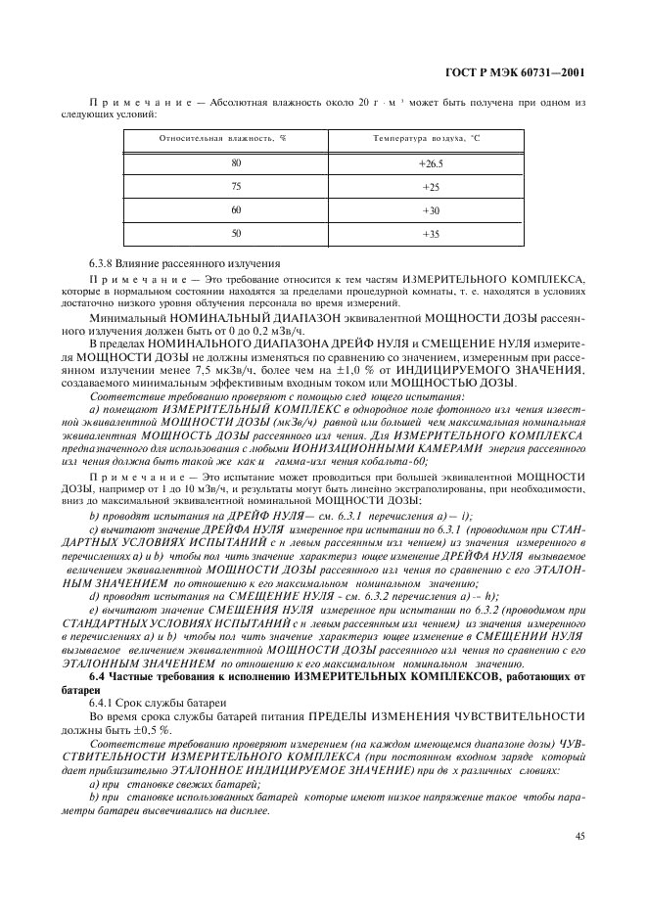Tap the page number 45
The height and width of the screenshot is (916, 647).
tap(580, 835)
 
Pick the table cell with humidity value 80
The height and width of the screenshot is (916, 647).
tap(236, 162)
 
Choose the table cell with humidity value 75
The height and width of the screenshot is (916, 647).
tap(236, 186)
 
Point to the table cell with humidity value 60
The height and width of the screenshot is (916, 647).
tap(236, 209)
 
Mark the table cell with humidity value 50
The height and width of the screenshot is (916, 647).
tap(236, 234)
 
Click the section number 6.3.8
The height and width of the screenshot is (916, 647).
tap(103, 263)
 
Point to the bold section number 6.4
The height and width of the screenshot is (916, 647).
tap(99, 705)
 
